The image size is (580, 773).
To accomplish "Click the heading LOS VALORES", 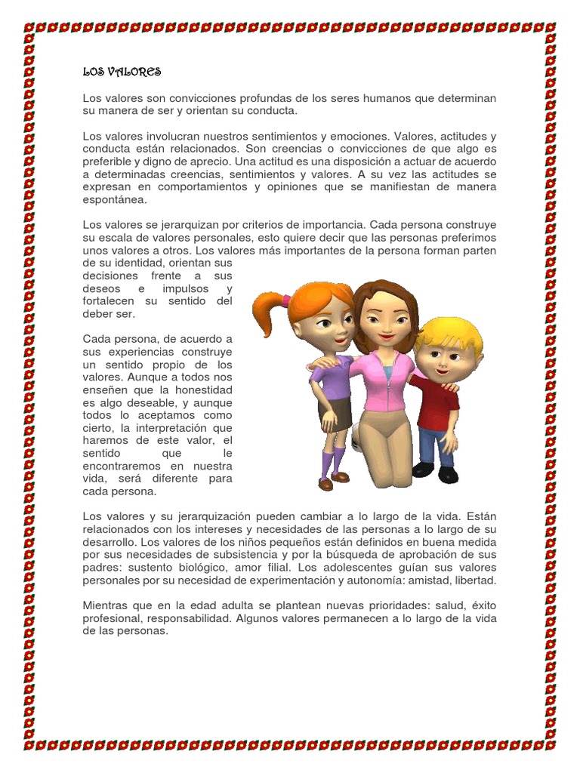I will [x=122, y=72].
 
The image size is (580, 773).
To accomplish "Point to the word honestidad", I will [x=203, y=390].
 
